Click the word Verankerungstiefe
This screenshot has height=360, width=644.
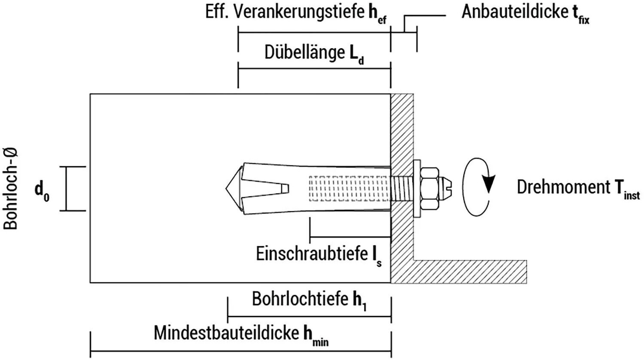[299, 12]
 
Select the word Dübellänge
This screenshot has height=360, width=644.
[304, 52]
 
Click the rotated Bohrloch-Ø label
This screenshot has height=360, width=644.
[10, 189]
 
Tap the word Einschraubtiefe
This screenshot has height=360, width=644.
[312, 254]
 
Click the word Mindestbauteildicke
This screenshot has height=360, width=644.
[226, 333]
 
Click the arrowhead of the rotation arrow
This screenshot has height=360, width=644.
[489, 183]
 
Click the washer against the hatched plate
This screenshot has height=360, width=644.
[417, 188]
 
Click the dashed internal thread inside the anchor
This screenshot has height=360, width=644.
[349, 188]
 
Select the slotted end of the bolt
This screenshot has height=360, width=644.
[445, 188]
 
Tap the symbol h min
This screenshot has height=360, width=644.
[316, 336]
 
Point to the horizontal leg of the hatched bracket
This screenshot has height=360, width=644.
[470, 272]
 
